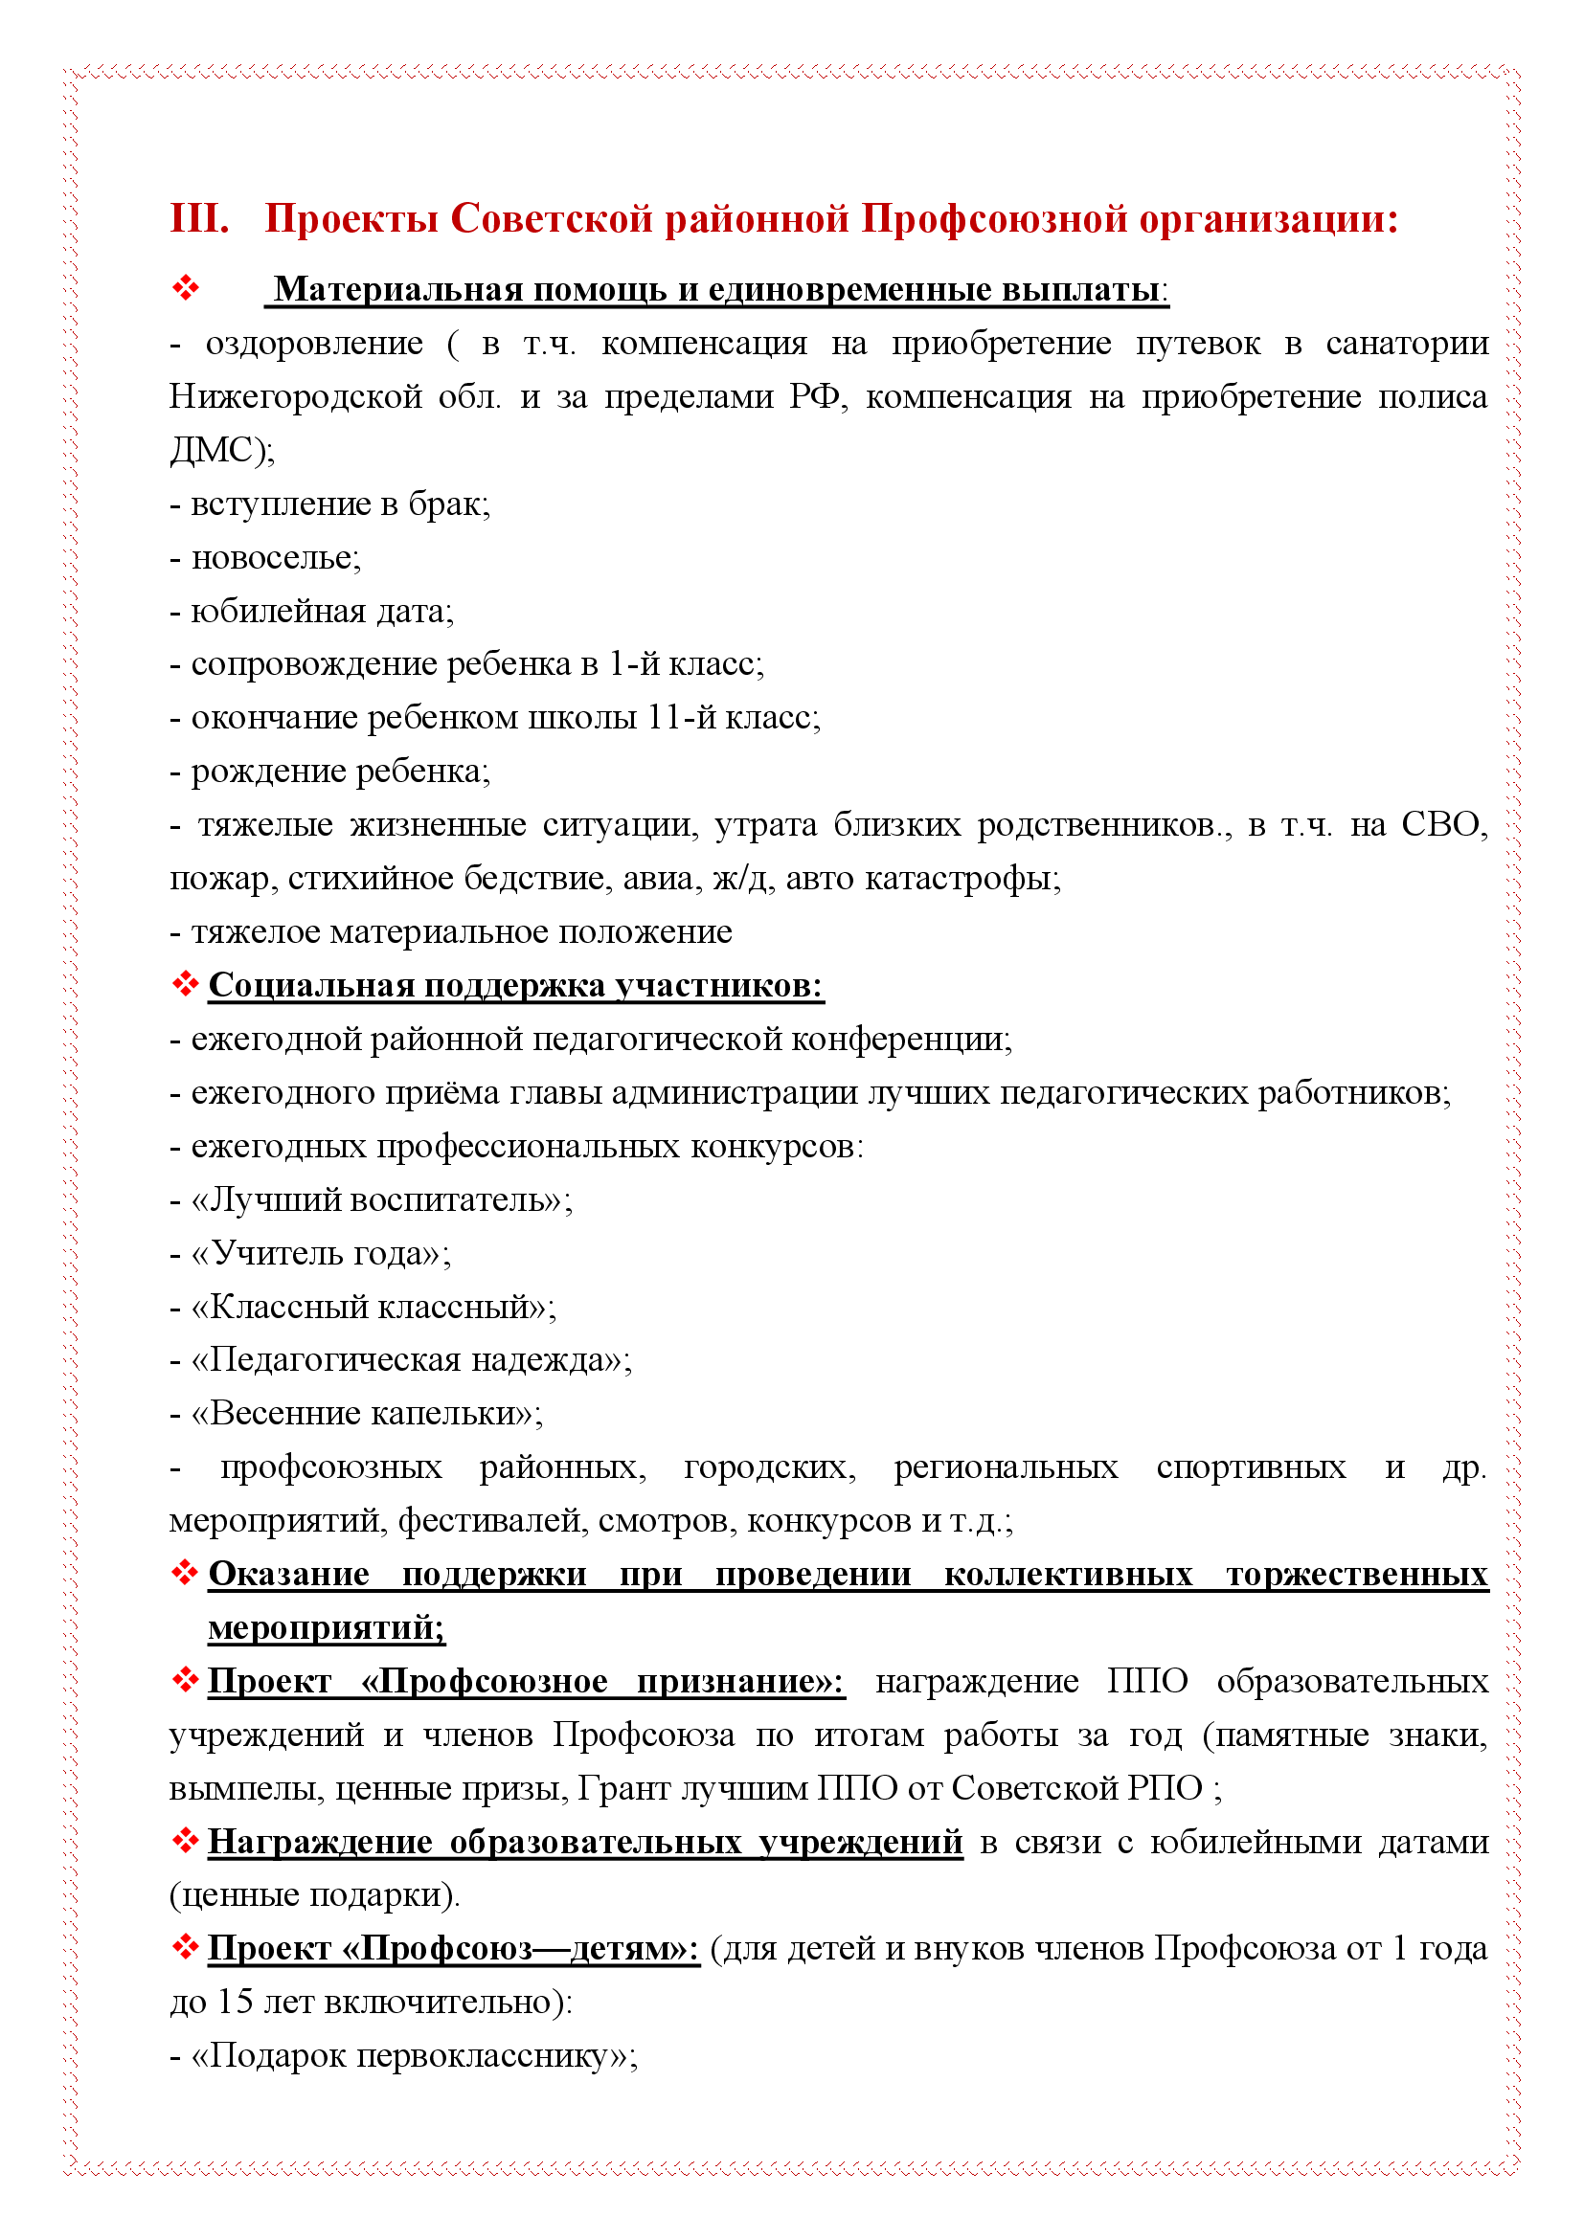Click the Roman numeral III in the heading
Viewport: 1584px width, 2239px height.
coord(199,218)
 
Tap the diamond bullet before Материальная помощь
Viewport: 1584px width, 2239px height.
coord(186,289)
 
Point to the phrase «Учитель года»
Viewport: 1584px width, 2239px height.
coord(319,1253)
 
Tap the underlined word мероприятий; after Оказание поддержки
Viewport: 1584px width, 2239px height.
coord(326,1627)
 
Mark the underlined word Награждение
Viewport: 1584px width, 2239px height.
coord(320,1841)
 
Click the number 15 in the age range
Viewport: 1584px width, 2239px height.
coord(235,2001)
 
